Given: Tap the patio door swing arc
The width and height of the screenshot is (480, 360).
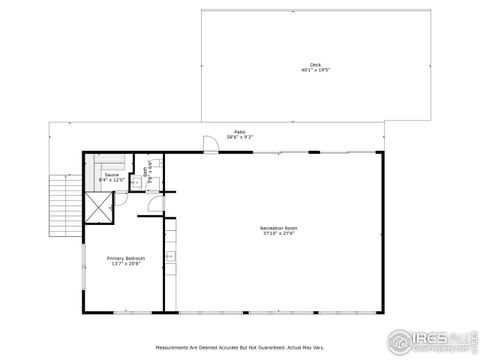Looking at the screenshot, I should [210, 146].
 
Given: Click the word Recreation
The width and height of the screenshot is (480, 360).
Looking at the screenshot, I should [270, 228].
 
